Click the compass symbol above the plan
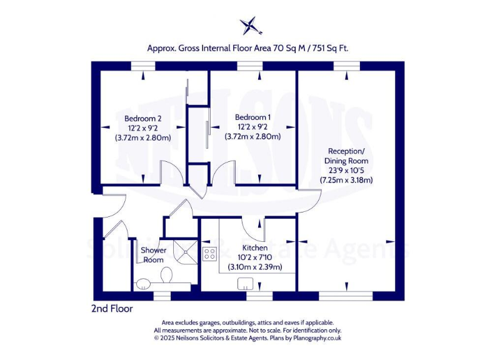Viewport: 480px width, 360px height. pos(249,26)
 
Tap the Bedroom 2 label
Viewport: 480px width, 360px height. pos(143,119)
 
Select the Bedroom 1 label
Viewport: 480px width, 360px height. pos(252,117)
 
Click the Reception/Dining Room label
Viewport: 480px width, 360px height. pos(346,156)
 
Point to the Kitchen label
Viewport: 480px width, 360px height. pos(254,247)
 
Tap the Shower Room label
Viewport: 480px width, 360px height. pos(153,255)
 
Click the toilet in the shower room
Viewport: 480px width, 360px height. pos(167,275)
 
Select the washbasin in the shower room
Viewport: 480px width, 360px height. pos(143,282)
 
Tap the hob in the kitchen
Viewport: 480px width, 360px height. pos(210,254)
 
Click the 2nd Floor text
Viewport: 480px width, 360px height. pos(112,308)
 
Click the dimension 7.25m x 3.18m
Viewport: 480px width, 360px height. pos(346,180)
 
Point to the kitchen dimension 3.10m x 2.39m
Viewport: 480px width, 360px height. pos(254,267)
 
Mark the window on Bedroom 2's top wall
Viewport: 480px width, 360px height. pos(143,64)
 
